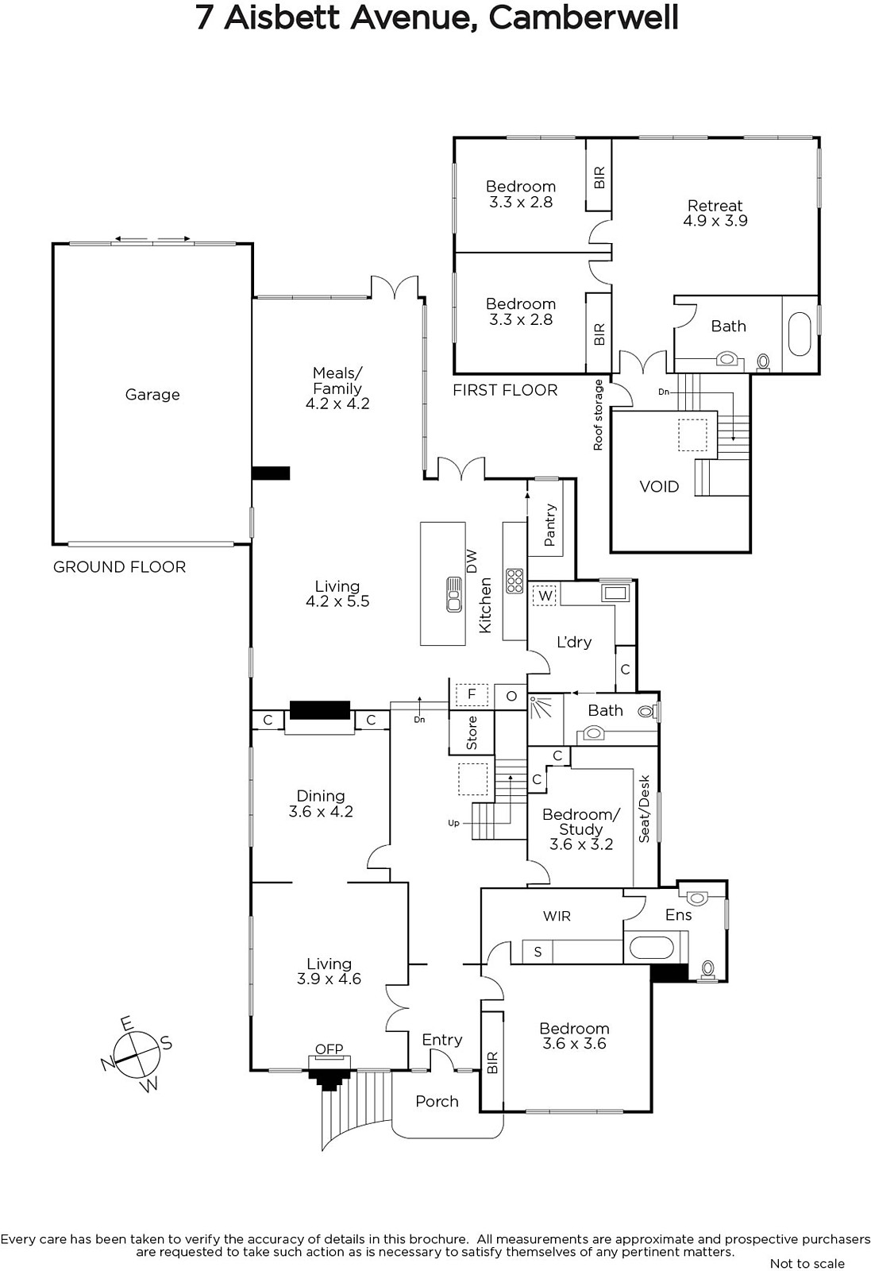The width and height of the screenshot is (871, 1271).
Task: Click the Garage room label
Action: coord(152,394)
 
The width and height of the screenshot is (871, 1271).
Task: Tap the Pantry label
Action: coord(549,525)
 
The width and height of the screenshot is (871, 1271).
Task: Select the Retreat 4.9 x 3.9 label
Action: coord(715,213)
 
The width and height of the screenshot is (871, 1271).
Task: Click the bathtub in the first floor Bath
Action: coord(800,334)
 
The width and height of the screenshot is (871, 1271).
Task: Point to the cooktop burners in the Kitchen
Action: coord(515,581)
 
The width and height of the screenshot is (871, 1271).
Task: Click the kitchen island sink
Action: coord(453,594)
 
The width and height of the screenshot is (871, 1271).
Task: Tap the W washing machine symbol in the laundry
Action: coord(545,596)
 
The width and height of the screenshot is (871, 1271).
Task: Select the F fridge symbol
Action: coord(471,694)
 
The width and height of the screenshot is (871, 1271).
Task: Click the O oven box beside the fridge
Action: coord(511,696)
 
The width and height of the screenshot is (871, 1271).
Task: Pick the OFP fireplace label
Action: coord(329,1049)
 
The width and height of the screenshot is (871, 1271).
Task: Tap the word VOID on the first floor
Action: coord(659,486)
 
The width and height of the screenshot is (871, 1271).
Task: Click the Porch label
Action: coord(437,1101)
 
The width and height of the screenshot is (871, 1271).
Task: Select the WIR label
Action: coord(557,916)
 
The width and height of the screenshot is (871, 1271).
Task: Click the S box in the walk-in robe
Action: coord(538,952)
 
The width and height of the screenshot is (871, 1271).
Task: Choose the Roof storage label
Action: coord(598,415)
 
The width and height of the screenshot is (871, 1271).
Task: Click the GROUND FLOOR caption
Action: coord(119,567)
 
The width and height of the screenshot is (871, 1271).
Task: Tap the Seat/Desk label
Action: coord(644,809)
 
